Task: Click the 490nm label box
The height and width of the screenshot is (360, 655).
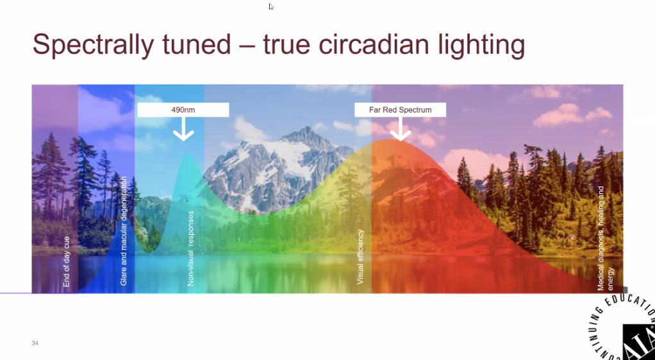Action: pos(183,110)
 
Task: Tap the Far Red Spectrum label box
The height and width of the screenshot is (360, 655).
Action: pos(400,110)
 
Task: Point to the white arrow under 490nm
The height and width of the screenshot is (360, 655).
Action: pos(183,129)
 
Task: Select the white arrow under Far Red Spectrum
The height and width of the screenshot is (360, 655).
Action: pos(400,129)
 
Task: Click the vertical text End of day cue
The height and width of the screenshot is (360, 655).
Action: pos(67,262)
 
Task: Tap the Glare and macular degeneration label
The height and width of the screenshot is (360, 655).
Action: pos(124,231)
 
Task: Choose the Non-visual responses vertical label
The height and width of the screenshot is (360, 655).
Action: pos(191,249)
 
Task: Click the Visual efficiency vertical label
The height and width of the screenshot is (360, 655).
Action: pos(360,257)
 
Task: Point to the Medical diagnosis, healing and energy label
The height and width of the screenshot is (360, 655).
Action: pos(605,238)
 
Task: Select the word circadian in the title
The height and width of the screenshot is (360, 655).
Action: pos(372,44)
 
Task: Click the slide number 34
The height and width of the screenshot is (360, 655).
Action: pos(35,343)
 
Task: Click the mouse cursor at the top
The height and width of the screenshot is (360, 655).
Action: pos(271,6)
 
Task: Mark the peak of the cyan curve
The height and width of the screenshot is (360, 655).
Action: pos(188,154)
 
